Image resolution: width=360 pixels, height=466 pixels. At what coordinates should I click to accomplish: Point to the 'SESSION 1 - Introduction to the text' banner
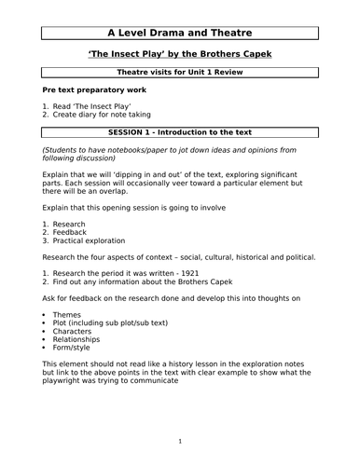point(180,135)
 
